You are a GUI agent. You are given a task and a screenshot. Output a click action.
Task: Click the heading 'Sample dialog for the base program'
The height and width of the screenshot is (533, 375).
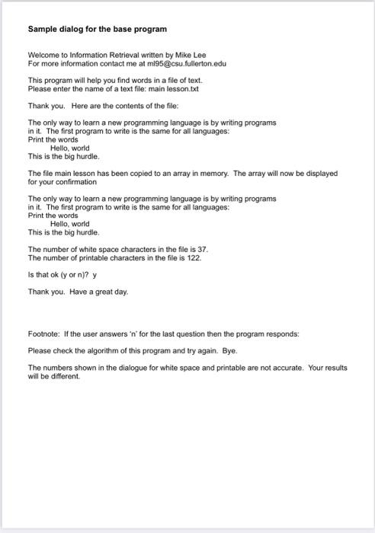[x=97, y=29]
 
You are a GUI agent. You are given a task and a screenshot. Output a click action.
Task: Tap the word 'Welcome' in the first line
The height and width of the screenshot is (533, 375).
[x=43, y=56]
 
